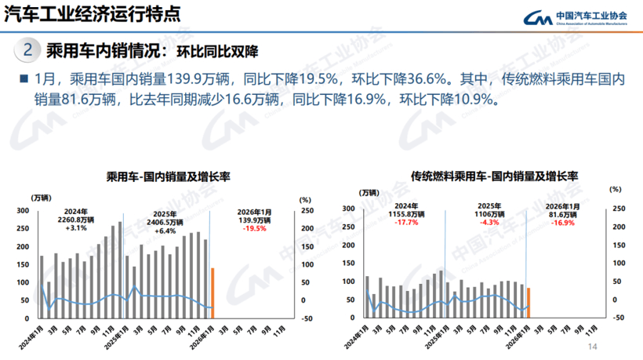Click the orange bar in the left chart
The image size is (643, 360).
pyautogui.click(x=213, y=293)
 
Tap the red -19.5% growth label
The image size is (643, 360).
pyautogui.click(x=253, y=228)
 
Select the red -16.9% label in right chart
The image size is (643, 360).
pyautogui.click(x=564, y=223)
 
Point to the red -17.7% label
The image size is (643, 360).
pyautogui.click(x=405, y=223)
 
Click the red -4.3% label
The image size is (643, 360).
pyautogui.click(x=486, y=223)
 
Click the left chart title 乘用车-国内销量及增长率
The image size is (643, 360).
pyautogui.click(x=162, y=177)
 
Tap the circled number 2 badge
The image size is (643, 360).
pyautogui.click(x=28, y=51)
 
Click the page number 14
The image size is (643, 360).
pyautogui.click(x=592, y=346)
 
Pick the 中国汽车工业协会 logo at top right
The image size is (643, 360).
pyautogui.click(x=576, y=17)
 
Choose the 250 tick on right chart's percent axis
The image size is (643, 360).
pyautogui.click(x=619, y=209)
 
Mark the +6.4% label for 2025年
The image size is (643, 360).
pyautogui.click(x=165, y=231)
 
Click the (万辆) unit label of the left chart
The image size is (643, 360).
pyautogui.click(x=43, y=196)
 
